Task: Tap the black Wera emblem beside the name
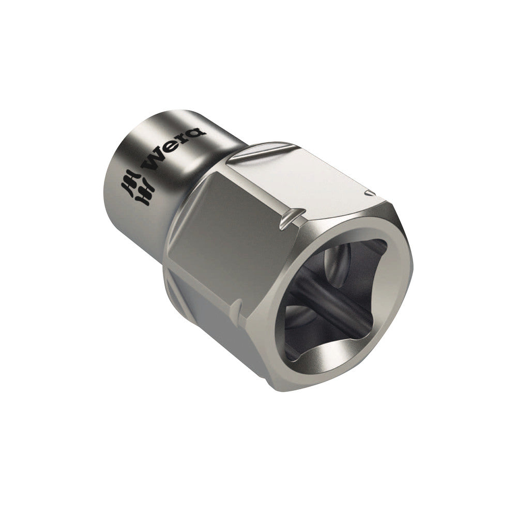tap(138, 187)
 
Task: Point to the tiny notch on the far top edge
tap(370, 194)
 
